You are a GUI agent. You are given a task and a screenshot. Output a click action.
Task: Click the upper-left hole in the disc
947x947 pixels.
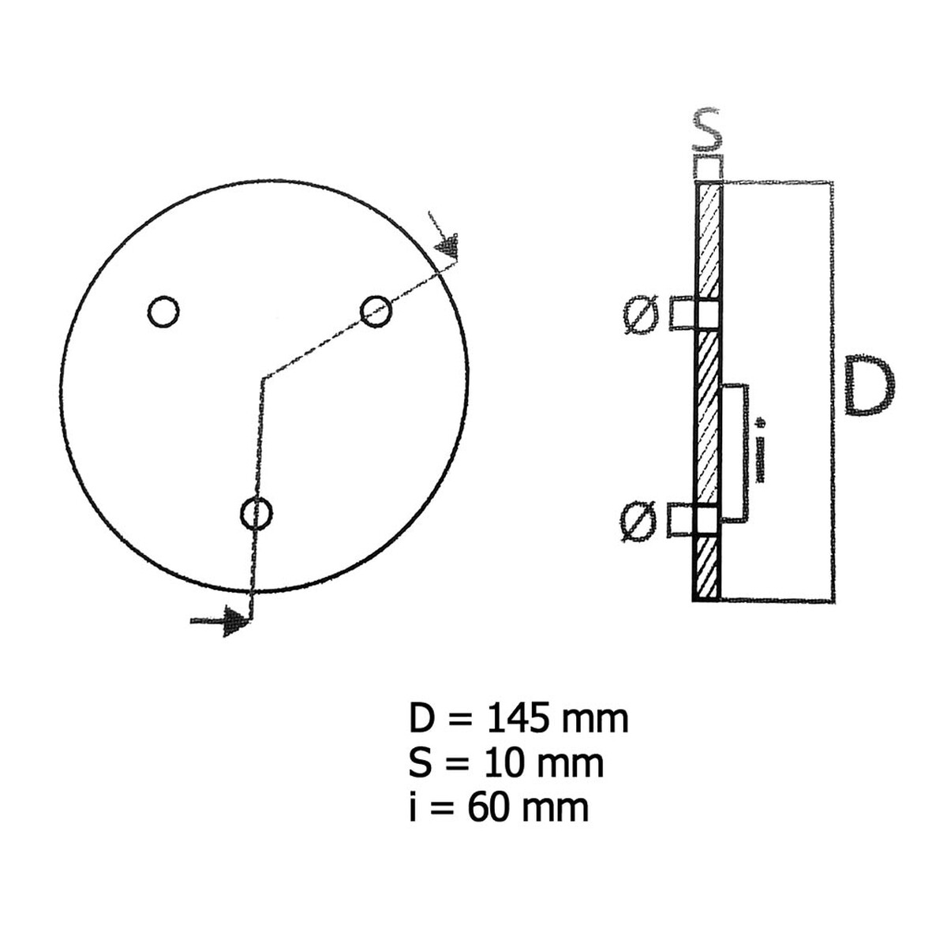pos(163,311)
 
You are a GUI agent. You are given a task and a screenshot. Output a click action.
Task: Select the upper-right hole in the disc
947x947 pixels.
pos(376,310)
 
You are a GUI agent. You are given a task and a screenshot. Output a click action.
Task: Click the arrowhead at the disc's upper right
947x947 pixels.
pos(448,247)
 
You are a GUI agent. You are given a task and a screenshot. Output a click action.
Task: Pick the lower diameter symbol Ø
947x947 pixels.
pos(638,522)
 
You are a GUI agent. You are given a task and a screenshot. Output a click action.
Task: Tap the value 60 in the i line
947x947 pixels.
pos(483,807)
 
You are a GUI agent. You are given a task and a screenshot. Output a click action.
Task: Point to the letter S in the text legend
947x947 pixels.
pos(420,763)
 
